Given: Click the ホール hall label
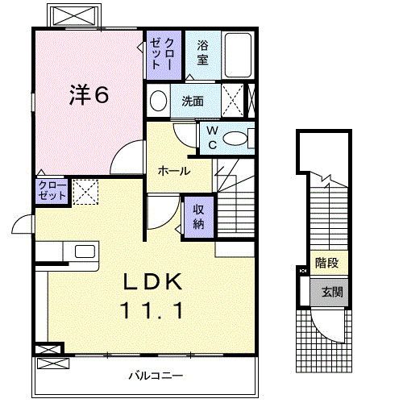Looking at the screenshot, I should tap(173, 171).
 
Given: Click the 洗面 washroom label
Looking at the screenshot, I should tap(192, 102).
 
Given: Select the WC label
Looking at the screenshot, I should tap(212, 137).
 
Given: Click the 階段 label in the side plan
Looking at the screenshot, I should tap(326, 264).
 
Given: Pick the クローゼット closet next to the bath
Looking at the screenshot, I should tap(156, 53).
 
